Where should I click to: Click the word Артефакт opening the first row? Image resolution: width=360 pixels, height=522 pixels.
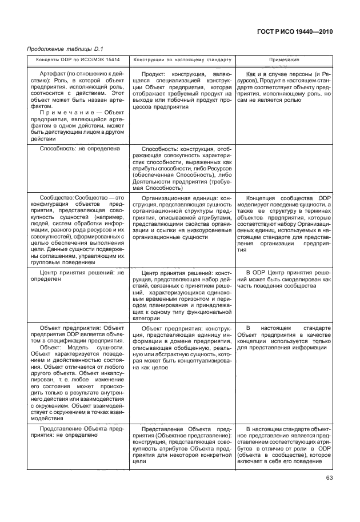[x=53, y=74]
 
